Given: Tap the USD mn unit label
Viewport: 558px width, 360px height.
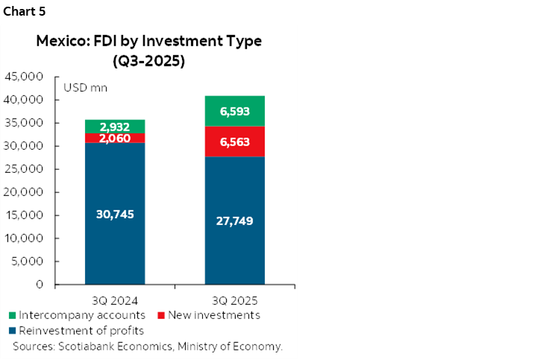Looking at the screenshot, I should (x=85, y=88).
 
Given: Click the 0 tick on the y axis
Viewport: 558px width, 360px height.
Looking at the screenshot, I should (x=37, y=285).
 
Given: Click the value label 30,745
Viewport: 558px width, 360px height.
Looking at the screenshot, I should (x=115, y=215).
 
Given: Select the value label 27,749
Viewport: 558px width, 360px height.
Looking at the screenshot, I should (x=235, y=221).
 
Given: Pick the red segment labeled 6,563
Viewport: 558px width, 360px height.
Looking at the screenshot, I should (x=235, y=142).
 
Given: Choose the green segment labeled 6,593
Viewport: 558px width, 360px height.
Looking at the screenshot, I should (x=235, y=111).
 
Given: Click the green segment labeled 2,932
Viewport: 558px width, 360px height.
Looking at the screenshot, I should (x=115, y=127).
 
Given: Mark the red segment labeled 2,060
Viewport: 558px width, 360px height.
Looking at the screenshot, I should (x=115, y=138).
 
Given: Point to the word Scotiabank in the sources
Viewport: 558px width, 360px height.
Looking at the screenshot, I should (x=86, y=347).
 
